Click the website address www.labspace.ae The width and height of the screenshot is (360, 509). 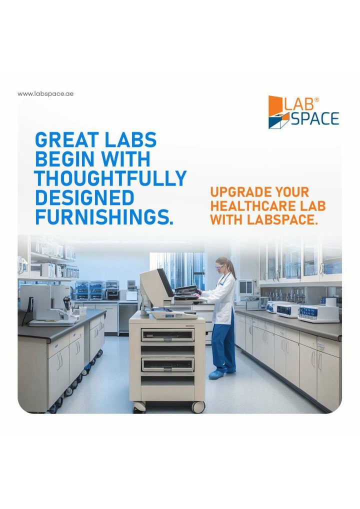(45, 94)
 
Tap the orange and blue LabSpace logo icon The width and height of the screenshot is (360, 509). (278, 112)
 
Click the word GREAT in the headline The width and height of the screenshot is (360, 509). (67, 140)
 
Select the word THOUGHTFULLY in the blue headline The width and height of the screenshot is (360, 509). (110, 178)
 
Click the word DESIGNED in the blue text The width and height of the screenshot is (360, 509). (84, 197)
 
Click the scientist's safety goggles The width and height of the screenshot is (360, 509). (220, 266)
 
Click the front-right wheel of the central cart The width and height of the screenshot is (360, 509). (197, 406)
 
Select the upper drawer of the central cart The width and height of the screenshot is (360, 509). (167, 335)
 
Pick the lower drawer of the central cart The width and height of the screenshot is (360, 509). (167, 364)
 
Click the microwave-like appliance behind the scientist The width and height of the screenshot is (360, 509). (247, 287)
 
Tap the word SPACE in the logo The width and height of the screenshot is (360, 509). (314, 118)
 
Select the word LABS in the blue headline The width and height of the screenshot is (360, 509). (130, 140)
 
